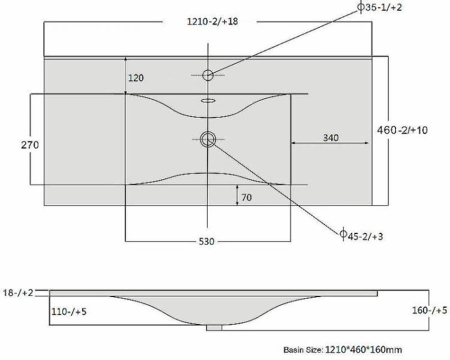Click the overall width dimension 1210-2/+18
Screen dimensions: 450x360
(212, 22)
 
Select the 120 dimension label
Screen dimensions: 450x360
(136, 78)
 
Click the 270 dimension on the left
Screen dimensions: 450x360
(30, 145)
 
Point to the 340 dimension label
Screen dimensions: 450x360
(331, 138)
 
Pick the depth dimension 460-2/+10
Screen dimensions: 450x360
(403, 130)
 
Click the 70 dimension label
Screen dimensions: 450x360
(247, 197)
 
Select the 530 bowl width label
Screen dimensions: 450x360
(206, 241)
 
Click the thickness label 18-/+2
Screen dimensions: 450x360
(18, 293)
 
